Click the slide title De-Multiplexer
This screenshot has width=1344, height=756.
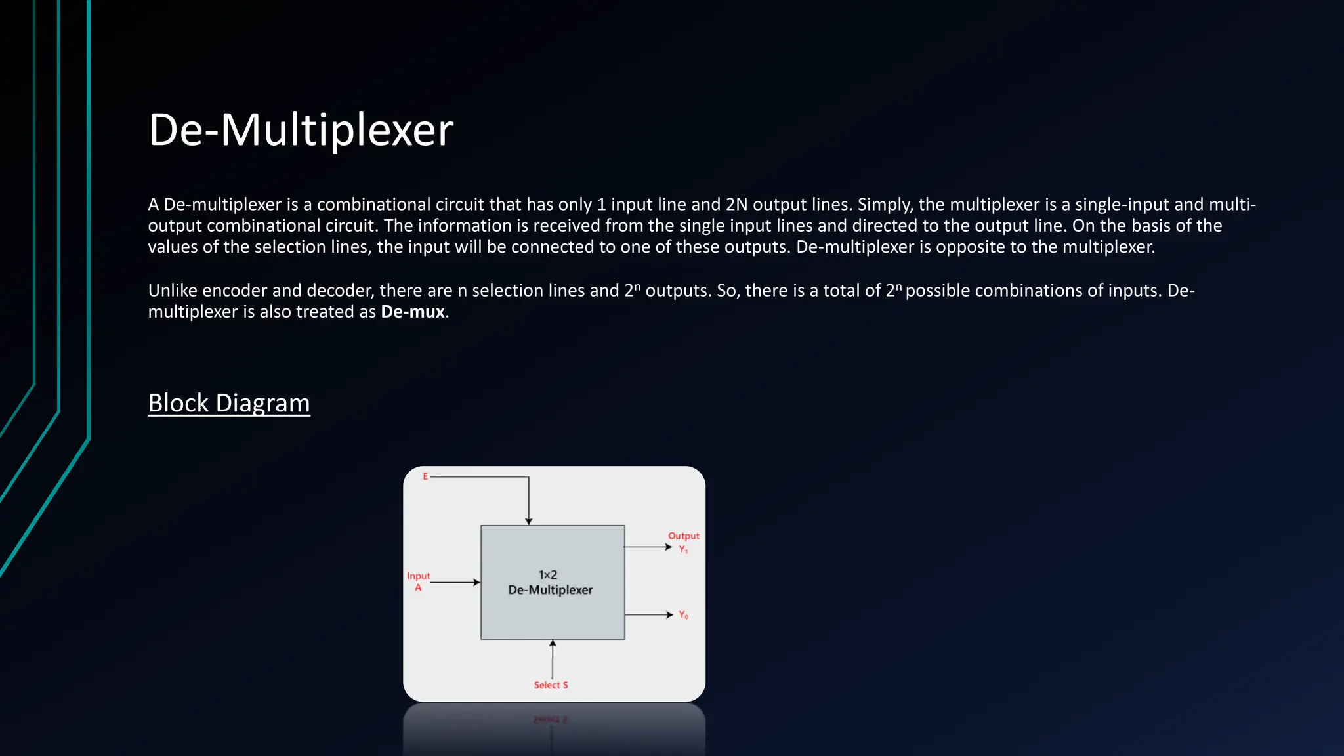click(301, 130)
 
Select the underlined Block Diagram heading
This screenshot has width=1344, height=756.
click(228, 403)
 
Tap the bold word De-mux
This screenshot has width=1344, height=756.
click(413, 312)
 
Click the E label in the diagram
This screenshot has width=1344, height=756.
click(425, 476)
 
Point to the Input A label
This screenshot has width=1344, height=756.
click(418, 581)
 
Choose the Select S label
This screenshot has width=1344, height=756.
click(551, 685)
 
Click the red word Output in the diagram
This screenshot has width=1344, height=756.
click(683, 536)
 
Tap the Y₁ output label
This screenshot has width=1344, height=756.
click(683, 549)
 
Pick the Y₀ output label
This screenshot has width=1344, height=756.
click(683, 615)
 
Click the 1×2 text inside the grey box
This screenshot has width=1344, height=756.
click(548, 575)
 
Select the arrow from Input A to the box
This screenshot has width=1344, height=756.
click(455, 582)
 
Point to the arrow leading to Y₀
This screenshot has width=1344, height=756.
click(648, 615)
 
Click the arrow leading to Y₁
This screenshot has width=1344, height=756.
click(648, 547)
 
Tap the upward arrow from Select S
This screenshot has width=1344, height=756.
click(553, 659)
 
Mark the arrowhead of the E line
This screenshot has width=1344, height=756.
click(528, 521)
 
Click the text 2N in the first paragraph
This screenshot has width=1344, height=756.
click(736, 205)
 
